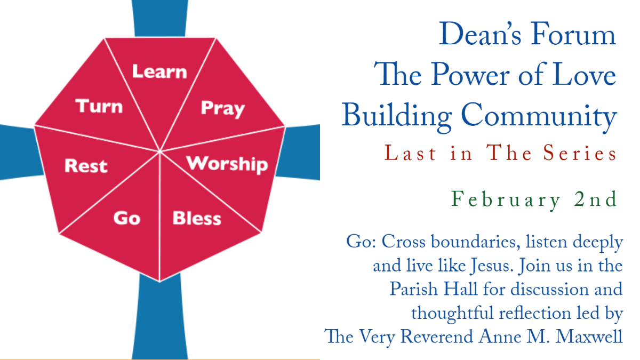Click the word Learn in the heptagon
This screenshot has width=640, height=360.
(159, 71)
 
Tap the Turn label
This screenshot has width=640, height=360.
(99, 106)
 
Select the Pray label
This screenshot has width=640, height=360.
(223, 109)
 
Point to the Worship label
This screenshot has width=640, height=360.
(227, 165)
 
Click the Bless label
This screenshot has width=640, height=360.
(197, 218)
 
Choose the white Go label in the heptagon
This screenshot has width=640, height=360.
(127, 218)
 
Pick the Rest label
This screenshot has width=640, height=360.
(86, 166)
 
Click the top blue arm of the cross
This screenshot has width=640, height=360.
(159, 19)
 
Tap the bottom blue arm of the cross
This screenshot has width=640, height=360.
(159, 317)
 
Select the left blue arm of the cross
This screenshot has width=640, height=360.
(21, 153)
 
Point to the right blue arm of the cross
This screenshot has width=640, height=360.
(299, 153)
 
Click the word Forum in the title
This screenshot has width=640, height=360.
(573, 34)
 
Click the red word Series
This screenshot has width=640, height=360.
(580, 153)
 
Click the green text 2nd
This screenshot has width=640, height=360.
(596, 199)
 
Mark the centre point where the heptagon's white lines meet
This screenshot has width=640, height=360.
(159, 151)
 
